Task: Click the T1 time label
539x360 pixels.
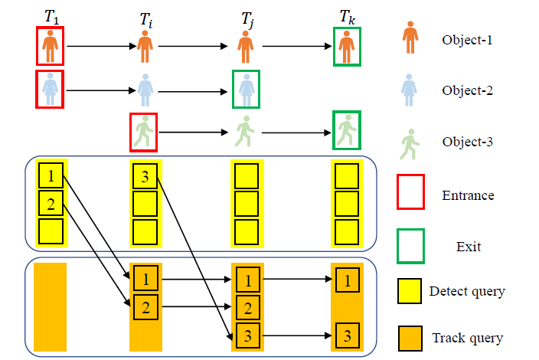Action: (x=51, y=15)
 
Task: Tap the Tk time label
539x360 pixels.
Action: (x=347, y=15)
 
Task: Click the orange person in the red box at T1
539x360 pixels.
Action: (x=51, y=46)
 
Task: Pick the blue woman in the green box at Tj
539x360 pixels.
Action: (x=246, y=89)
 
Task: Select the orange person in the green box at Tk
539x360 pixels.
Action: (x=347, y=46)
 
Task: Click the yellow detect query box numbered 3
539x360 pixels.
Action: (x=145, y=177)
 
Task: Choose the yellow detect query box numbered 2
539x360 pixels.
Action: (x=51, y=204)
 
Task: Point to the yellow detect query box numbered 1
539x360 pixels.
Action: (x=51, y=177)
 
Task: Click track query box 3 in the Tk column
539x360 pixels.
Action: (x=347, y=335)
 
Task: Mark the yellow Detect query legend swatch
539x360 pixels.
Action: (x=410, y=291)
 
